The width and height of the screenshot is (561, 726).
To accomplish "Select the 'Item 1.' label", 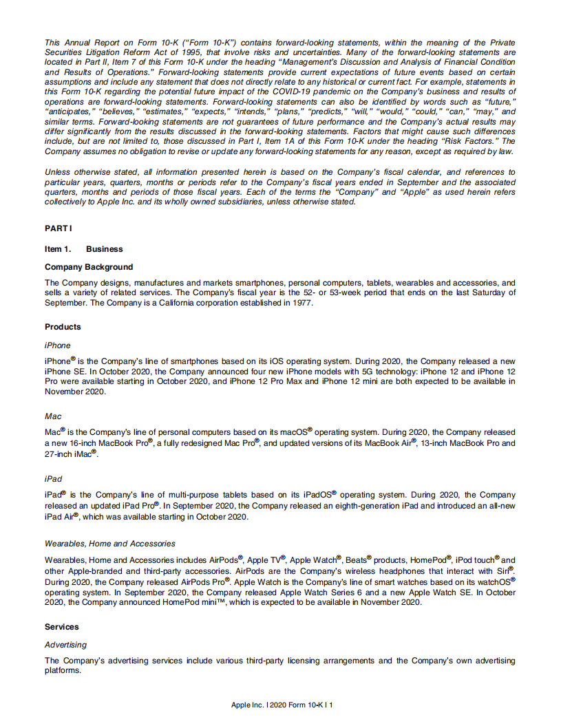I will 58,249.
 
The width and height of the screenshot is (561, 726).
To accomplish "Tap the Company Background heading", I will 89,267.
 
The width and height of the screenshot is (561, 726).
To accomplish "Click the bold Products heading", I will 63,327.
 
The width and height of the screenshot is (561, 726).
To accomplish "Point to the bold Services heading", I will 62,627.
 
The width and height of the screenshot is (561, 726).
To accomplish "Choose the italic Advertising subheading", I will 65,645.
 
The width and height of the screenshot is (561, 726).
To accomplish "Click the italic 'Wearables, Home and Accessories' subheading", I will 110,544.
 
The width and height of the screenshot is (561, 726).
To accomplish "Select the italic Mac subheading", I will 53,416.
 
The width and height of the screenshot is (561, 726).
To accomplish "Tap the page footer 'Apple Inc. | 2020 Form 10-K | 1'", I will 282,705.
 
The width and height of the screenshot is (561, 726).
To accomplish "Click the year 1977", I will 302,303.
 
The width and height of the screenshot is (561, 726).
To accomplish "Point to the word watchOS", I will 496,581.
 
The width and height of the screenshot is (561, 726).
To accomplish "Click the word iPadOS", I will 317,494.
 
